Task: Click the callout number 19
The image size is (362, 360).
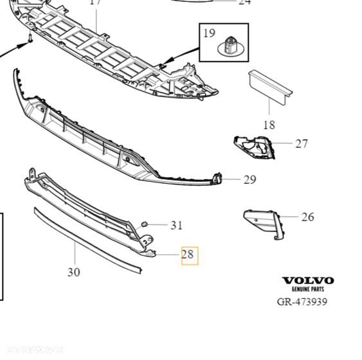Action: click(x=209, y=33)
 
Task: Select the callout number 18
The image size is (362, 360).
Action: click(x=269, y=125)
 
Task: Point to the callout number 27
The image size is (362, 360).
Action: click(x=302, y=143)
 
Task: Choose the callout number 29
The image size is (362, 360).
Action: click(x=250, y=179)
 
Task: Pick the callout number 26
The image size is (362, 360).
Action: click(x=307, y=217)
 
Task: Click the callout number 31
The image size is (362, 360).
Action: click(x=176, y=225)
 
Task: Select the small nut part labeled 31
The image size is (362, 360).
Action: click(x=145, y=224)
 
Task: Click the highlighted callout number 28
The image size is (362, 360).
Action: click(x=188, y=255)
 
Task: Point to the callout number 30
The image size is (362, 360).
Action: click(x=74, y=272)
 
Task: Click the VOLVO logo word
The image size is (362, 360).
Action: click(x=309, y=281)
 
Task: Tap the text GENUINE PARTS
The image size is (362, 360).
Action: click(x=309, y=290)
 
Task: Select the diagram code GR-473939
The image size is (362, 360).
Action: click(x=302, y=301)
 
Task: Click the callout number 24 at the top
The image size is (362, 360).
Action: click(x=244, y=3)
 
